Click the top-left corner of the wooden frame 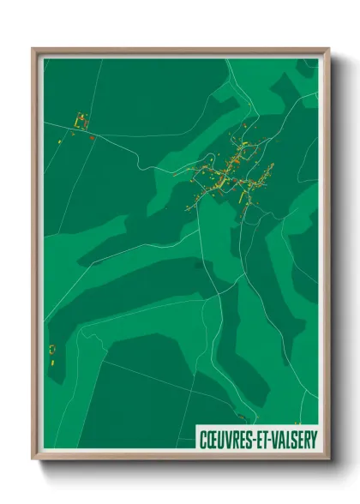(33, 49)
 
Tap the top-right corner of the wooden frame (328, 49)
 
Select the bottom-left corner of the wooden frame (33, 461)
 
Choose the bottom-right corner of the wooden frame (328, 461)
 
